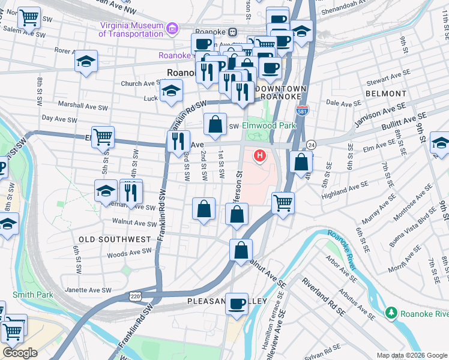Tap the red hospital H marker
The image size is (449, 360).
(260, 157)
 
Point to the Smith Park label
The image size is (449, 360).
(33, 295)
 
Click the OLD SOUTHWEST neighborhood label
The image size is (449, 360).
(115, 239)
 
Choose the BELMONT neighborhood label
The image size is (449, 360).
(385, 94)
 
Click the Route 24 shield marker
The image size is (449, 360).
(311, 145)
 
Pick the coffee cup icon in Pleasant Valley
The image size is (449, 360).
(237, 304)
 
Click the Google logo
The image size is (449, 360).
(20, 353)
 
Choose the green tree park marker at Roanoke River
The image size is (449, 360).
(391, 313)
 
